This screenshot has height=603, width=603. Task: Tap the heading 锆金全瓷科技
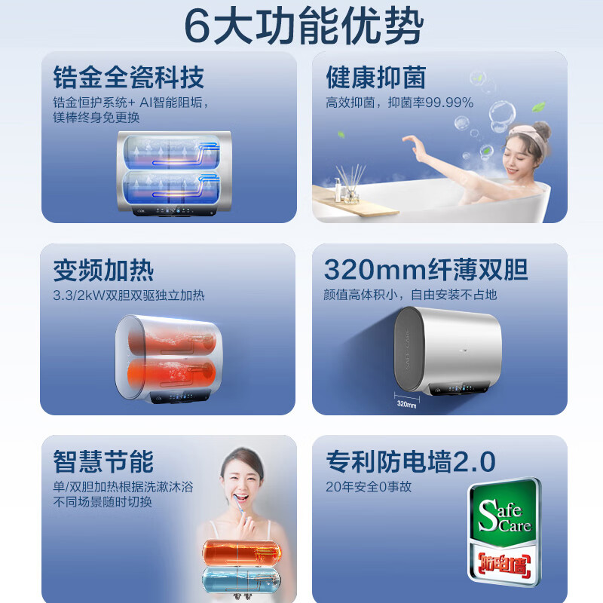tap(128, 78)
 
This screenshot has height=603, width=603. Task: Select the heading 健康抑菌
tap(376, 78)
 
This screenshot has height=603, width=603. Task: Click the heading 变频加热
tap(103, 271)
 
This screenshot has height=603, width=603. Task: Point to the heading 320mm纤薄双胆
tap(426, 270)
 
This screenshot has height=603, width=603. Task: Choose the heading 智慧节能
tap(103, 461)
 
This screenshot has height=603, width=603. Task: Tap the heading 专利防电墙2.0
tap(411, 461)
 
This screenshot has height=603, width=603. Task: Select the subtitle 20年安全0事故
tap(369, 487)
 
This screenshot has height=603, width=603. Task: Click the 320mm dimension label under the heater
tap(406, 404)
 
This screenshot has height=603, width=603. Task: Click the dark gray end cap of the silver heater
tap(409, 350)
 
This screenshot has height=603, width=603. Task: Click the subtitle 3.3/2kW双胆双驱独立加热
tap(129, 295)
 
